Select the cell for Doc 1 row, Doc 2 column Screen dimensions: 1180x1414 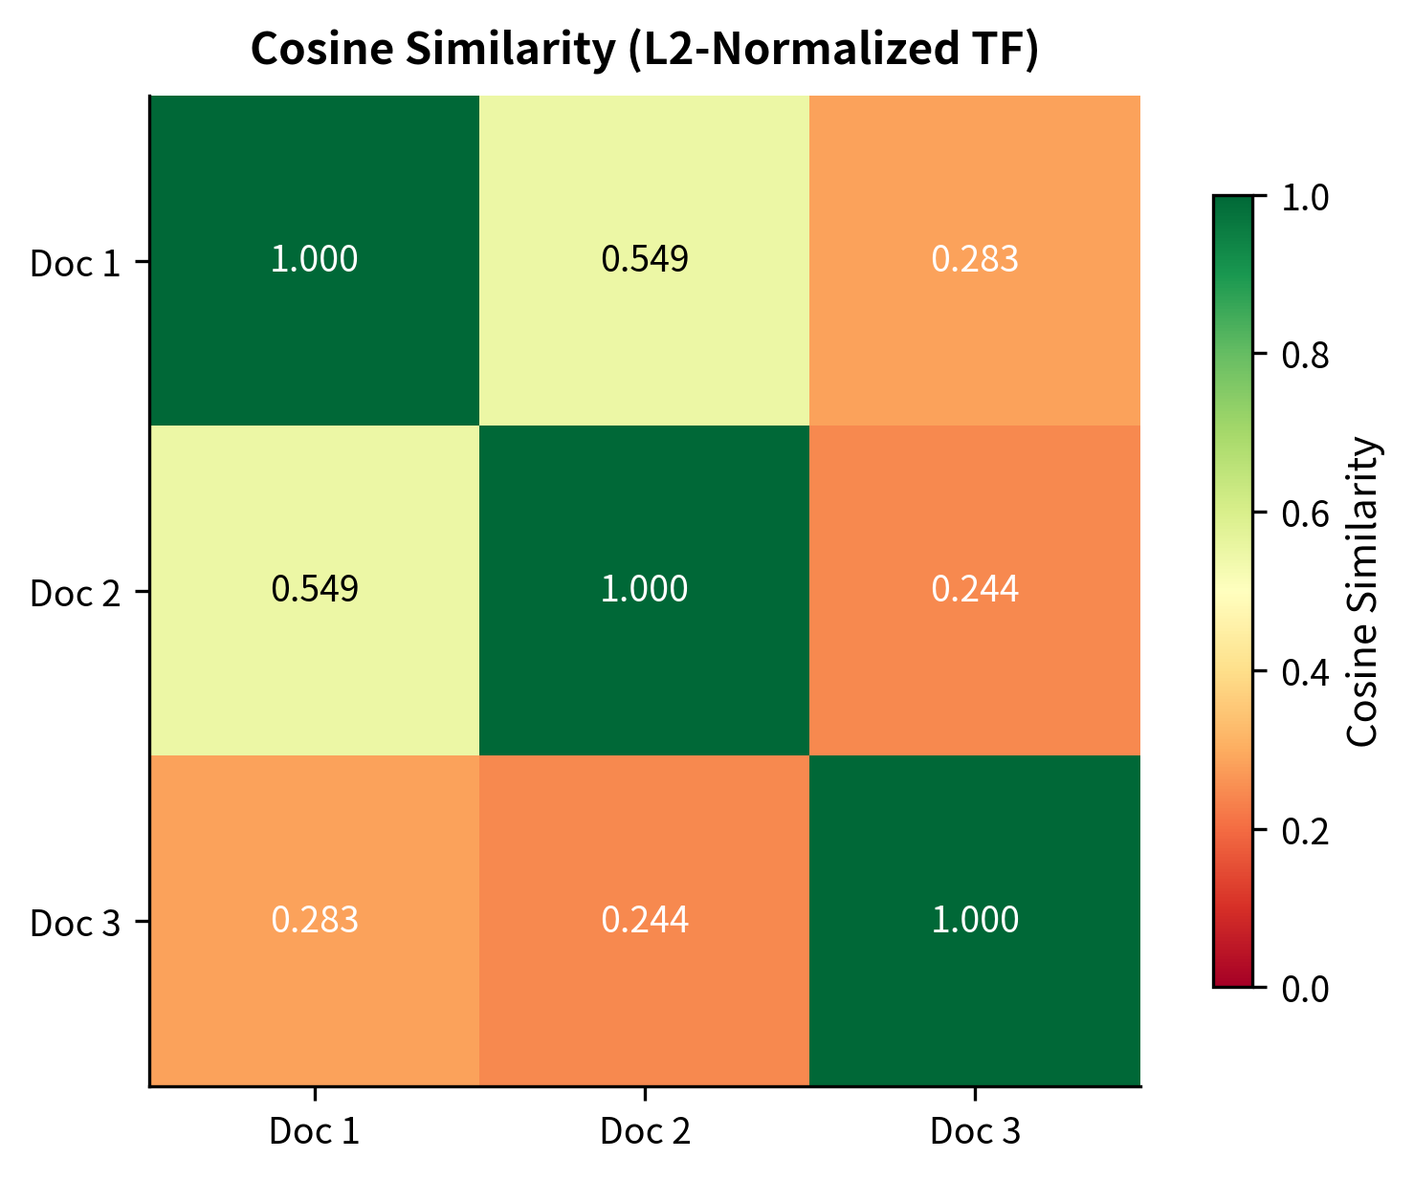644,260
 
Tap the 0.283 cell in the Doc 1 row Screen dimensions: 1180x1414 974,260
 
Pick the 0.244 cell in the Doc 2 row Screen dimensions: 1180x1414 974,590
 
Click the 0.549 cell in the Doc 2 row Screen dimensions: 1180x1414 315,590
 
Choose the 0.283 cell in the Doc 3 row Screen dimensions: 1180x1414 315,920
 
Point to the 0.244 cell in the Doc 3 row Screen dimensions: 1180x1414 644,920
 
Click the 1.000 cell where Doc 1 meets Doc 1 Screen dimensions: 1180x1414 315,260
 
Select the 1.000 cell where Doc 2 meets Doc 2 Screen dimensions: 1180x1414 644,590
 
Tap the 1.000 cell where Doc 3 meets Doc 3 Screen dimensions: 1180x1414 974,920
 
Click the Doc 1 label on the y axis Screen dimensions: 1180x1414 76,263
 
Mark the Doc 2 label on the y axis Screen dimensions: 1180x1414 76,593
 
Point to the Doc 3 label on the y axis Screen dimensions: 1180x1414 76,924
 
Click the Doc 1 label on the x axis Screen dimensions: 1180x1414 315,1132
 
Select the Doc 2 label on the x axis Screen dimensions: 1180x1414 644,1132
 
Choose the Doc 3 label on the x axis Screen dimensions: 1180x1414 974,1132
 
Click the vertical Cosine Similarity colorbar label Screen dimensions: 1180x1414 1362,591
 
